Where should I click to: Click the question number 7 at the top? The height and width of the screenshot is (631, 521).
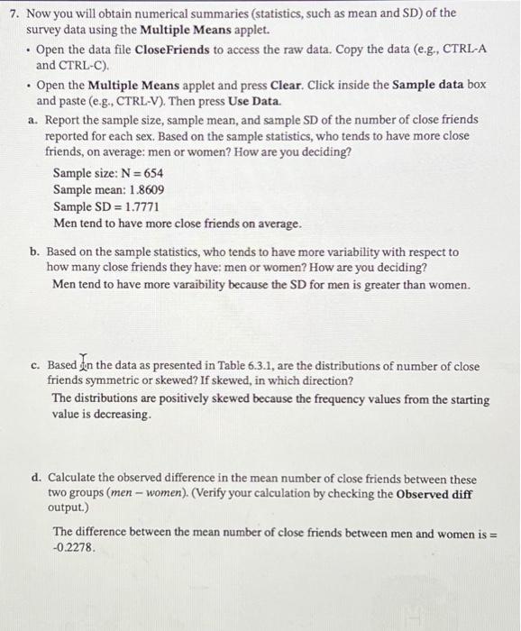click(13, 14)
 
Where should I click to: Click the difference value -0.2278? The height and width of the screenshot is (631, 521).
click(75, 548)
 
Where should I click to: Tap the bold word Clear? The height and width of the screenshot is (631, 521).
click(286, 86)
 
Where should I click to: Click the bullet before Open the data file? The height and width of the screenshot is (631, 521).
click(29, 49)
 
